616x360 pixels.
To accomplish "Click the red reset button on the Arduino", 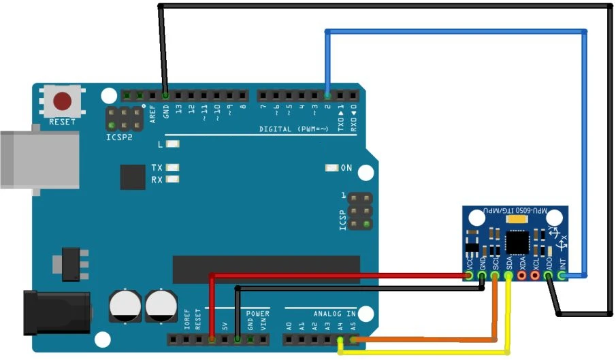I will [x=63, y=101].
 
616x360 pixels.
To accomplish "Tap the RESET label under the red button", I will [x=63, y=122].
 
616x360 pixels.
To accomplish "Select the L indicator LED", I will [x=172, y=144].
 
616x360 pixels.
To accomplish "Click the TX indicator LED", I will [x=172, y=167].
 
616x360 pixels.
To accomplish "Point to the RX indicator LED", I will [x=172, y=180].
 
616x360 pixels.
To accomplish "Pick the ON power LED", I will [x=332, y=168].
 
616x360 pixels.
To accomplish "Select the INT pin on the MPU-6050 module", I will [x=562, y=276].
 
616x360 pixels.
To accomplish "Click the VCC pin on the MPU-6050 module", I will [x=470, y=276].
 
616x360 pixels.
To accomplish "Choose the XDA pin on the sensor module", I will [x=522, y=276].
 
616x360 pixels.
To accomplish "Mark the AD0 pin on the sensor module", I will [x=549, y=276].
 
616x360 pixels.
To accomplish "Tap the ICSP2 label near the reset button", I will [x=119, y=137].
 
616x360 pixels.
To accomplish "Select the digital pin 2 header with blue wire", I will [x=327, y=95].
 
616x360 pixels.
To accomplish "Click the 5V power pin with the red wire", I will [x=212, y=338].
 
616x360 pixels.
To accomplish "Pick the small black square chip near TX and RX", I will [x=133, y=176].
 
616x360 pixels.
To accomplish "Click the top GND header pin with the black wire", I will [x=165, y=95].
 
